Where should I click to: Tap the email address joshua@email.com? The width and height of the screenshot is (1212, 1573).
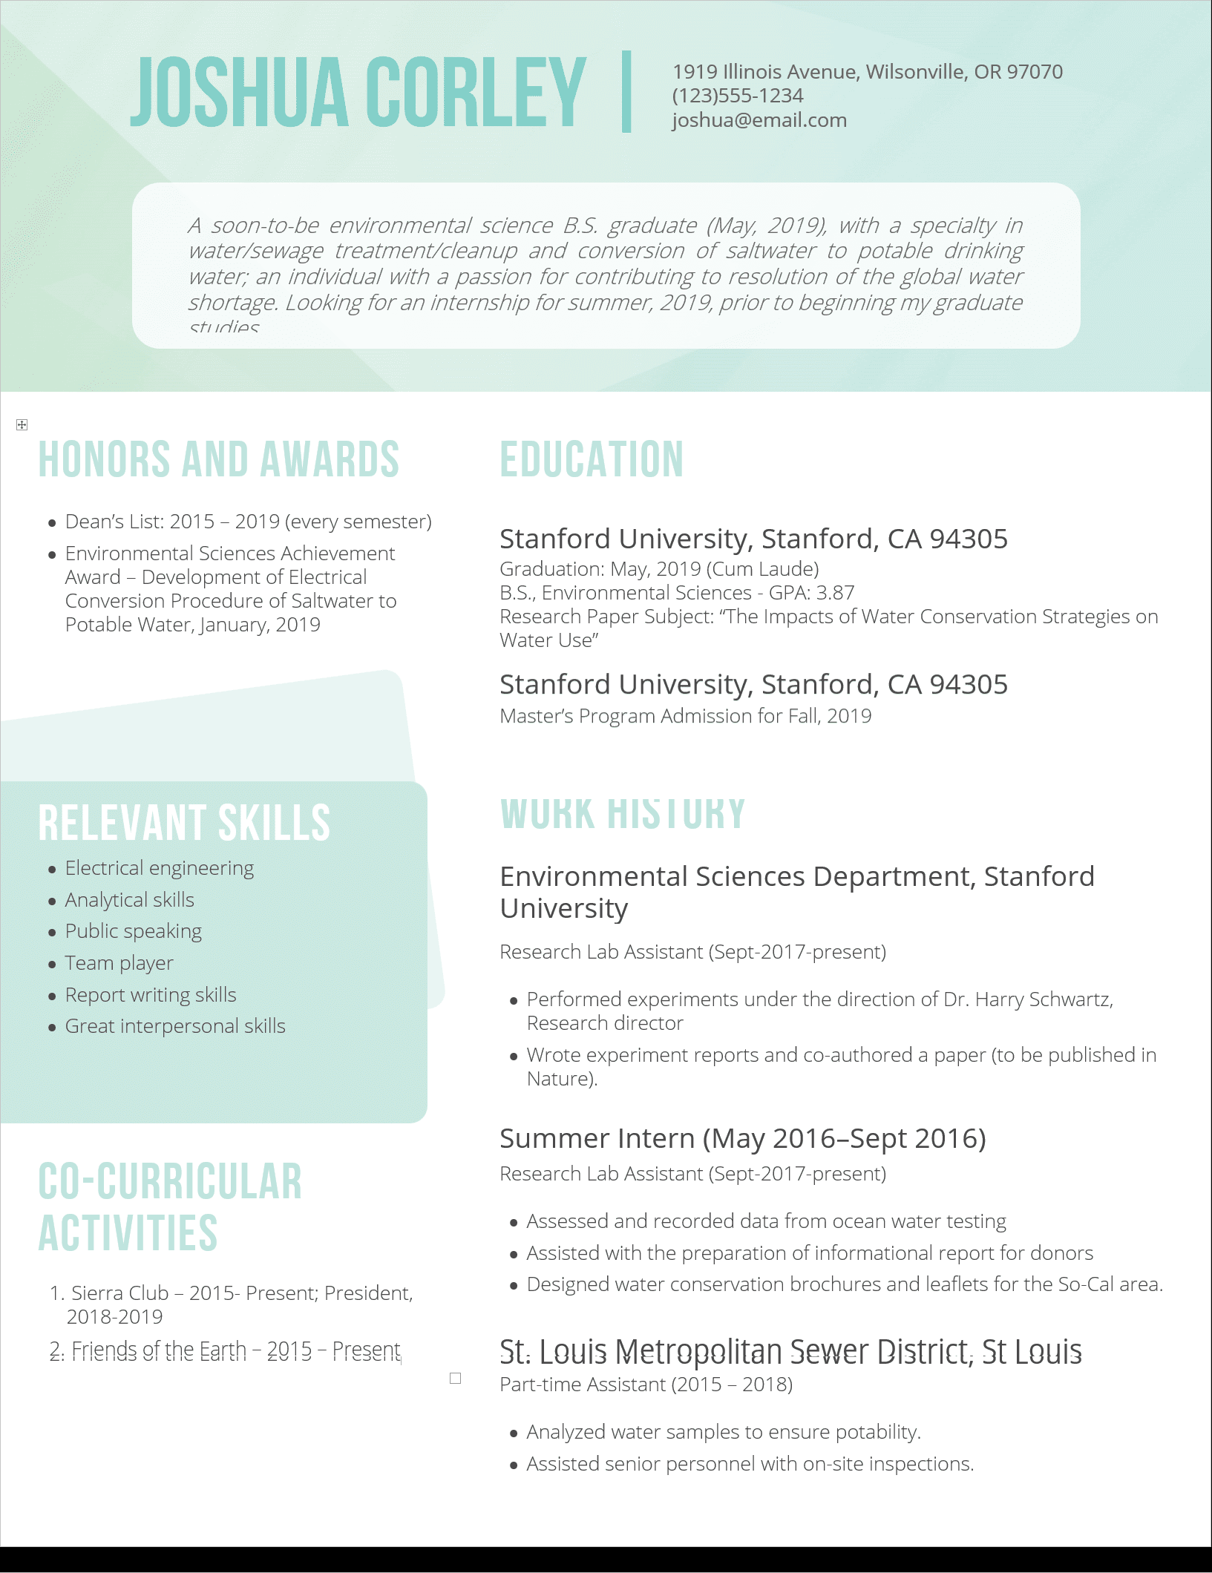(x=759, y=120)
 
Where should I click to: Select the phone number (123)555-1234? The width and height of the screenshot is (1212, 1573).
(x=738, y=96)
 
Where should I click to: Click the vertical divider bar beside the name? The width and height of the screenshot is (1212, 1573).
(x=626, y=92)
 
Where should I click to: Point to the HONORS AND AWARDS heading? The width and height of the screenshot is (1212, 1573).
(x=219, y=459)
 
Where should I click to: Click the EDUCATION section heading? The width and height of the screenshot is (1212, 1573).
(x=592, y=459)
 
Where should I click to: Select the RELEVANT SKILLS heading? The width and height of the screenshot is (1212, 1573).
(x=184, y=823)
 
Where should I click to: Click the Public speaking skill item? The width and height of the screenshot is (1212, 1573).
(x=134, y=931)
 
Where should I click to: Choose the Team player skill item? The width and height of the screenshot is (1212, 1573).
(x=119, y=963)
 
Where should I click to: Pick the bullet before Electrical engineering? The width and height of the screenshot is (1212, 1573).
(x=52, y=869)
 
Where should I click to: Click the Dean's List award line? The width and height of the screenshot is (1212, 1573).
(x=248, y=522)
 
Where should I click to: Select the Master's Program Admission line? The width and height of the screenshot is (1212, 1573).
(x=685, y=716)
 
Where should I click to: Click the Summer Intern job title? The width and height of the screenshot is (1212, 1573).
(x=742, y=1138)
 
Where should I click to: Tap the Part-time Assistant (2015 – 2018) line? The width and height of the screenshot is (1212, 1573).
(x=646, y=1385)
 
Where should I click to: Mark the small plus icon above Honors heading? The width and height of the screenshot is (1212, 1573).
(x=22, y=424)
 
